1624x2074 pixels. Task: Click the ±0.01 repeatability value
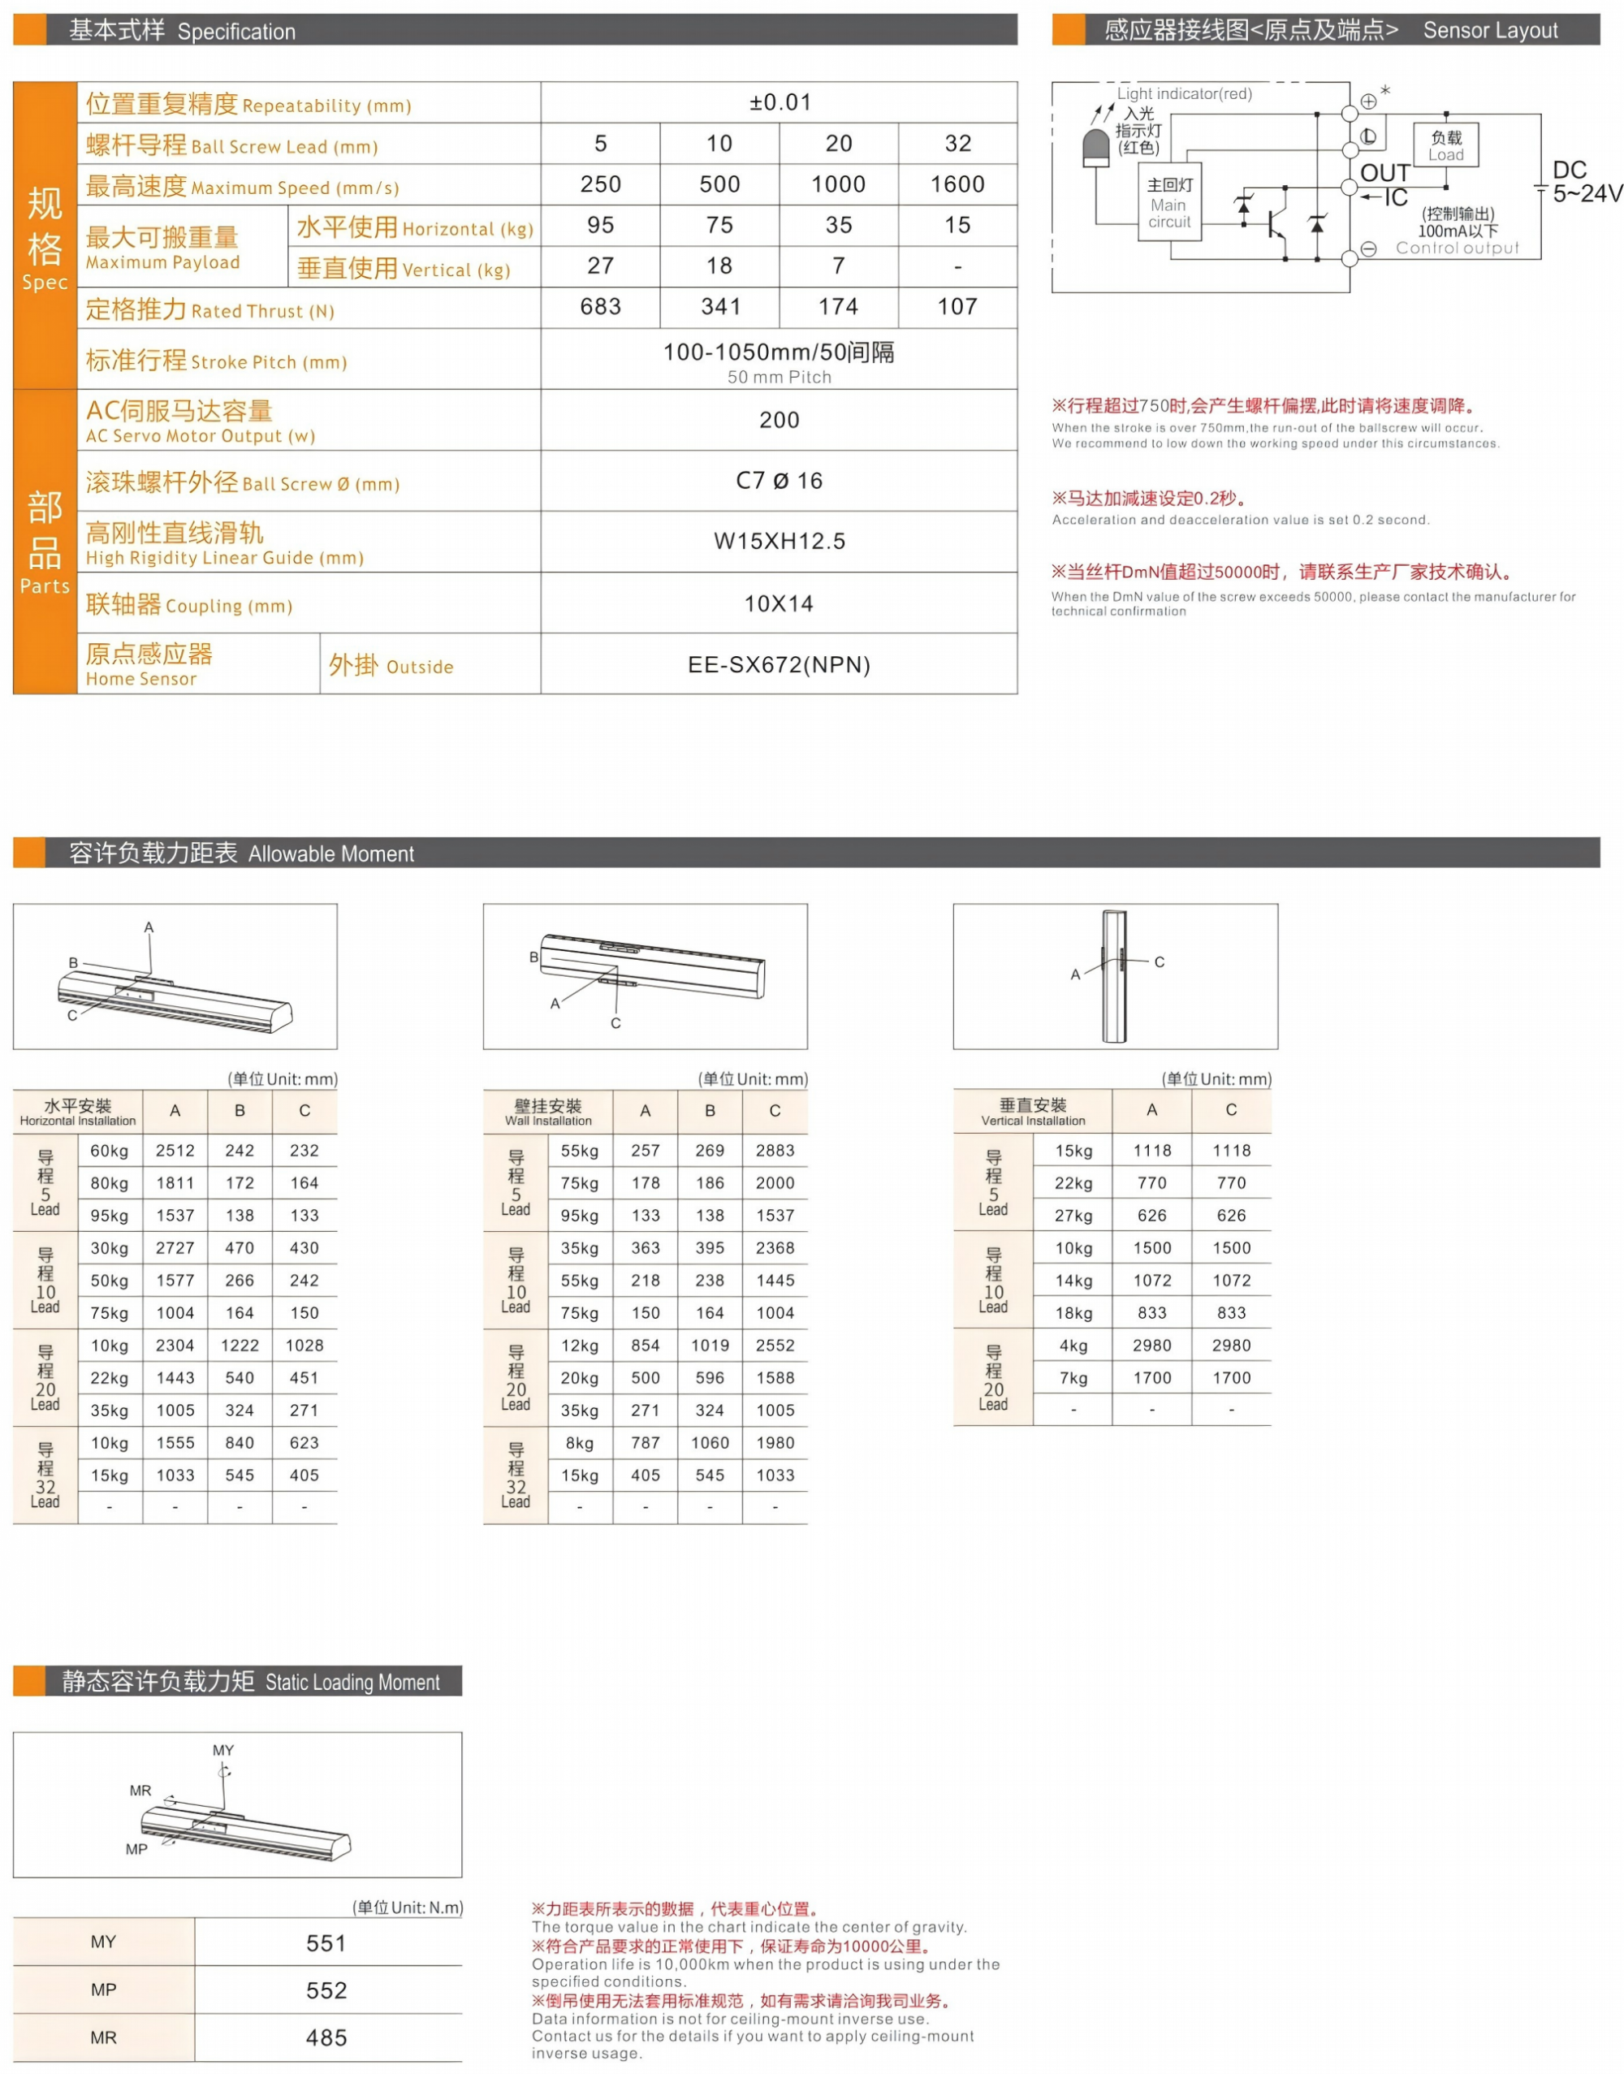coord(780,102)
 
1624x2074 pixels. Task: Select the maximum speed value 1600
coord(957,184)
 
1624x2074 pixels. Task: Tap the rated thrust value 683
coord(601,306)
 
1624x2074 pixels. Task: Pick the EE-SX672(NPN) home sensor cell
coord(779,665)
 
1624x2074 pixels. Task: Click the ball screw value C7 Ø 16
coord(779,480)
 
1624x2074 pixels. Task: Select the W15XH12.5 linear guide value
coord(779,541)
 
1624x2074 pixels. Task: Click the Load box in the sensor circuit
coord(1445,145)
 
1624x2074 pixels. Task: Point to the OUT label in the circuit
coord(1384,173)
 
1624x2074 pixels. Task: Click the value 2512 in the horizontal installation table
coord(175,1151)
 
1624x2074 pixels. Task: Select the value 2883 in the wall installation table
coord(775,1151)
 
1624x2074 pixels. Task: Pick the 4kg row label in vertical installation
coord(1073,1346)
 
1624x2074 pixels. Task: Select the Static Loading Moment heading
coord(251,1681)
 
